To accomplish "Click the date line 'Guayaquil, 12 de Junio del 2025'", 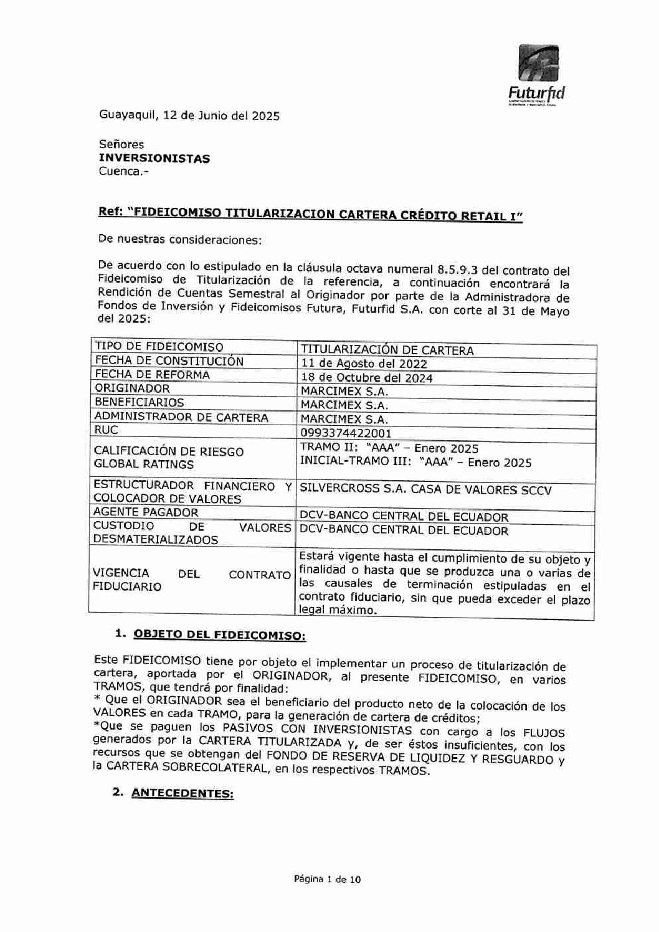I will pyautogui.click(x=189, y=115).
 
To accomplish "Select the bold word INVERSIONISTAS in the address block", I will pyautogui.click(x=154, y=158).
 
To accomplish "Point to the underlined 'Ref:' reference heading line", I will pyautogui.click(x=310, y=214).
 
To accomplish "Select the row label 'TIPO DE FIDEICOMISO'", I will pyautogui.click(x=158, y=347).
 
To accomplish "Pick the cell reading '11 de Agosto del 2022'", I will pyautogui.click(x=364, y=364).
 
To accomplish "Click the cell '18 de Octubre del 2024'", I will pyautogui.click(x=366, y=378).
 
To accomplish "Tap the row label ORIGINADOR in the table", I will pyautogui.click(x=131, y=388).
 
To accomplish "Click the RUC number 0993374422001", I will pyautogui.click(x=346, y=433).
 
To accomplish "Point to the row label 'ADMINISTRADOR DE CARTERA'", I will pyautogui.click(x=181, y=417).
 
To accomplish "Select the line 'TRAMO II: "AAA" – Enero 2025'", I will pyautogui.click(x=389, y=448).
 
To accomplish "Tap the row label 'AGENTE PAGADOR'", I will pyautogui.click(x=146, y=512).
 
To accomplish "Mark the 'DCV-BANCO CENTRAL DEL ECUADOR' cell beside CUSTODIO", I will pyautogui.click(x=404, y=530).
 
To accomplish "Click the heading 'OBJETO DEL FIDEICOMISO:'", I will pyautogui.click(x=220, y=635).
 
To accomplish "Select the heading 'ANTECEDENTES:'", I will pyautogui.click(x=183, y=794).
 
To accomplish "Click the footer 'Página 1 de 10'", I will pyautogui.click(x=327, y=880).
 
